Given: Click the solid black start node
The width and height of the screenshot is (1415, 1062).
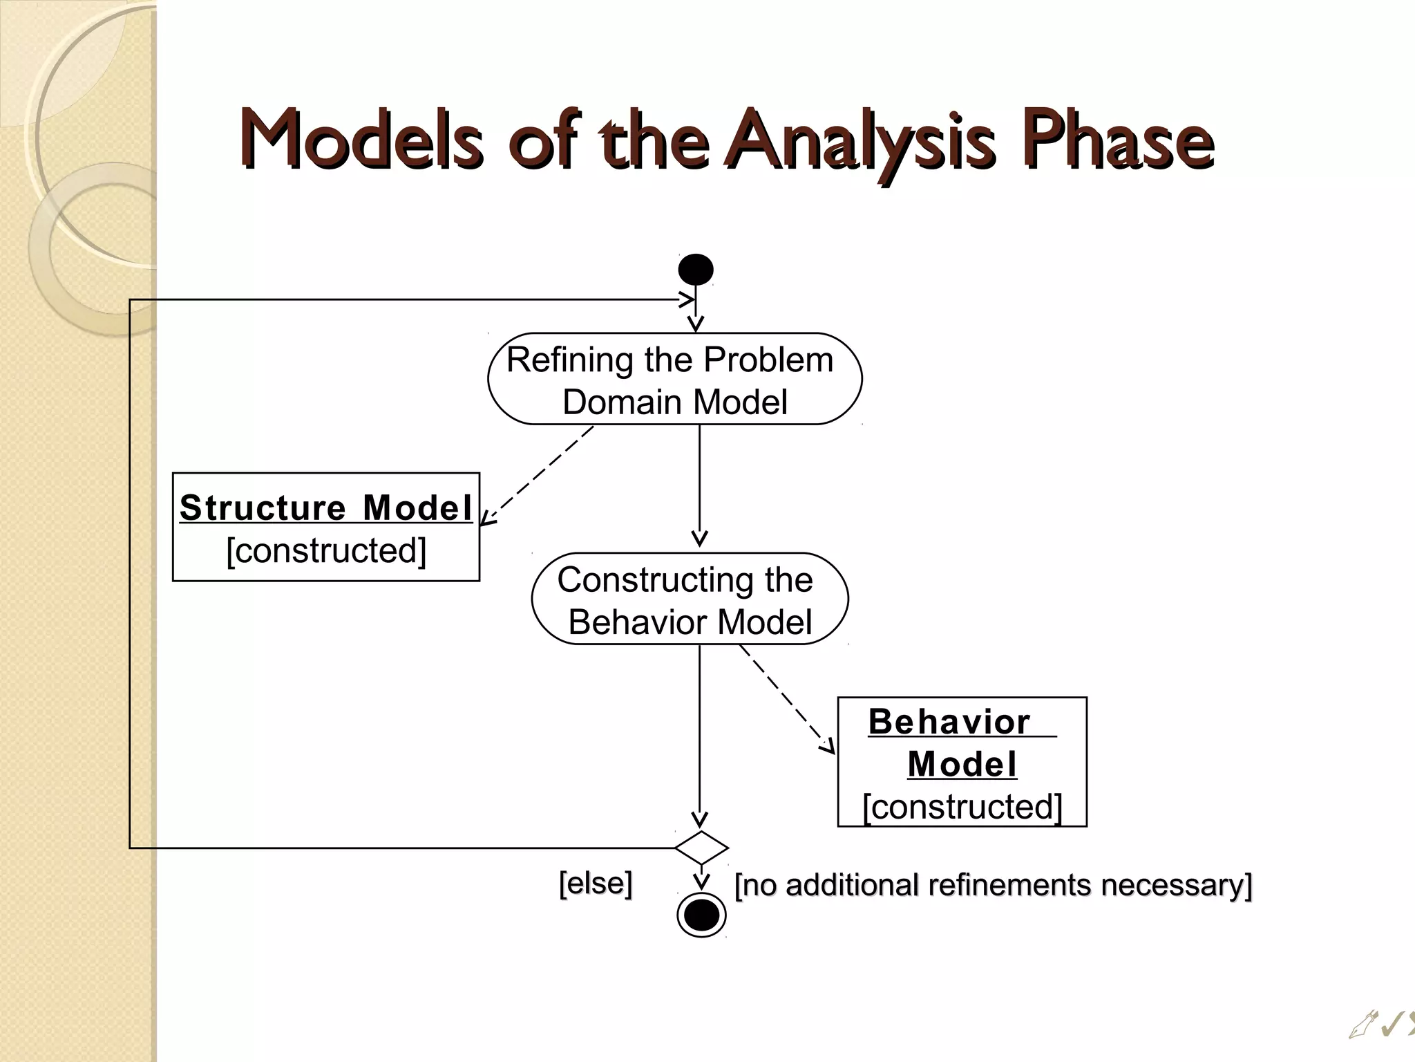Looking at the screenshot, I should (695, 269).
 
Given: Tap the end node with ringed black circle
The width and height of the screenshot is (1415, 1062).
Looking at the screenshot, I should (701, 915).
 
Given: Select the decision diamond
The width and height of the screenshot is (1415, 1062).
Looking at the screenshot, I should (701, 848).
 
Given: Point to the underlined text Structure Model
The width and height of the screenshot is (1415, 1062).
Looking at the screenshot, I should (325, 508).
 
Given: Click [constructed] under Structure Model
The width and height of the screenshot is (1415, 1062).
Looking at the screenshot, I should (326, 551).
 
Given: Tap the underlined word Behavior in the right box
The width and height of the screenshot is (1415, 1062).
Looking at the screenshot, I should (949, 723).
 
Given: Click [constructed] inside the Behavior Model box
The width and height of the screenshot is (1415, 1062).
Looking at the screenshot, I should (962, 807).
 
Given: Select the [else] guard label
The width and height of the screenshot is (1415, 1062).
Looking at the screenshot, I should (595, 883).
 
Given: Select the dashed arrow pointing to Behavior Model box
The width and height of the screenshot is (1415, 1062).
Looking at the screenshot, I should (786, 698).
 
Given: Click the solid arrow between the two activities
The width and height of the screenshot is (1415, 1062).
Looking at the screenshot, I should (699, 484).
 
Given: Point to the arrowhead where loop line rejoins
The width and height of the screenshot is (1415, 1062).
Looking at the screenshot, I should (687, 299).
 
